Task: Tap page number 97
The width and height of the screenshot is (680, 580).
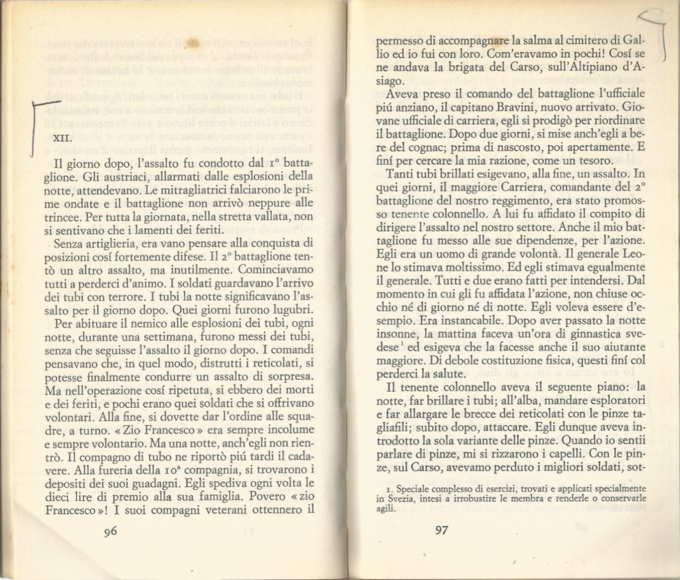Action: point(443,530)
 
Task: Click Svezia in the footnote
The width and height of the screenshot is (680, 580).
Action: point(395,498)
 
